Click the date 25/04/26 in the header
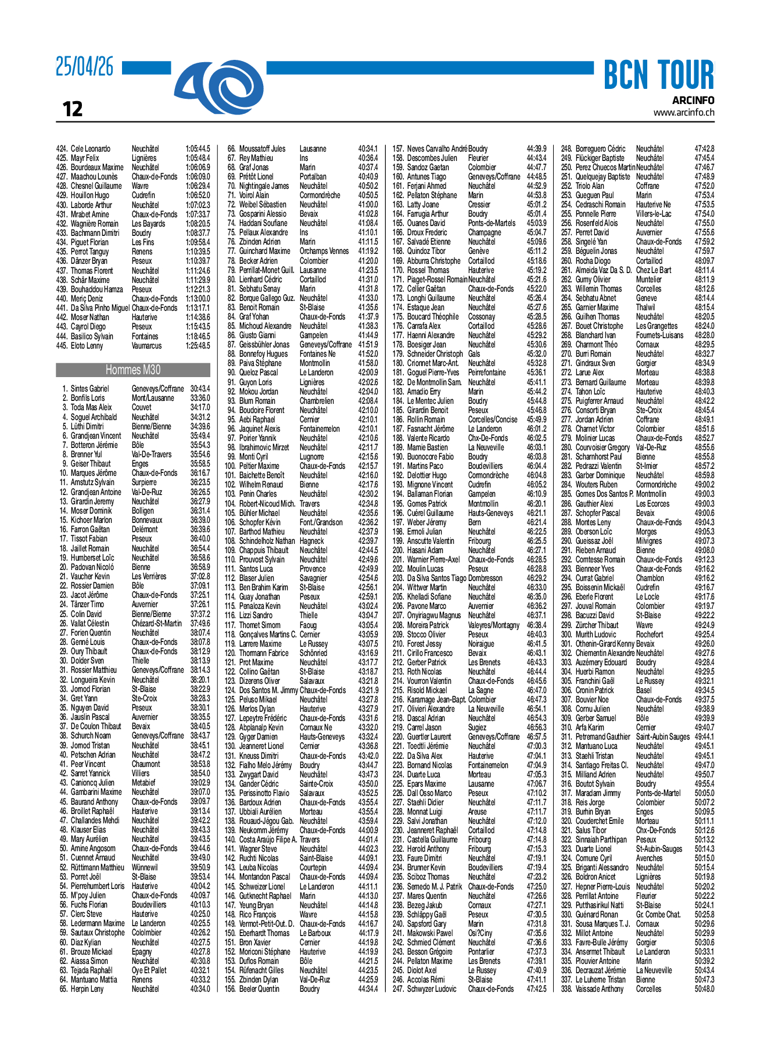click(x=85, y=67)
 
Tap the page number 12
click(x=73, y=109)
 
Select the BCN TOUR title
click(x=658, y=75)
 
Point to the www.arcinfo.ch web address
click(x=683, y=113)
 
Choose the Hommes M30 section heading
click(x=133, y=370)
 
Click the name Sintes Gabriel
click(x=89, y=389)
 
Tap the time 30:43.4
click(x=200, y=389)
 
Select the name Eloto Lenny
click(x=87, y=346)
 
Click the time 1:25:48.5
click(x=198, y=346)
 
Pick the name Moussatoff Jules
click(x=262, y=149)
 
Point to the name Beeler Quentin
click(x=259, y=989)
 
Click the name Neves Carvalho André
click(x=436, y=149)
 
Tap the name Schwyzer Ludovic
click(x=431, y=989)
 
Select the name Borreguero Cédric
click(x=600, y=149)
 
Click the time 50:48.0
click(x=704, y=989)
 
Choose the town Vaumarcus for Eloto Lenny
click(x=146, y=346)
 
